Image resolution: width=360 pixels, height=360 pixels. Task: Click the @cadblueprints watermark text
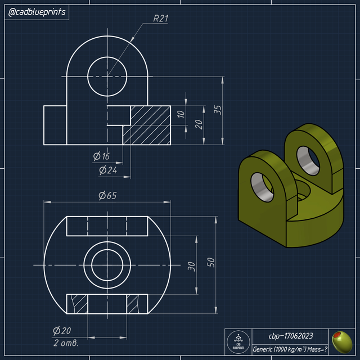point(37,12)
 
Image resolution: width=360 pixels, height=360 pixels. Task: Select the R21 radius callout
point(161,18)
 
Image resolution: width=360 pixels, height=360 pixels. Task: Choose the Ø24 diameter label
point(108,169)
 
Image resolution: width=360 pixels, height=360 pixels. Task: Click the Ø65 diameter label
point(107,196)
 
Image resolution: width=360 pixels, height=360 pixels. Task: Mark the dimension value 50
point(210,263)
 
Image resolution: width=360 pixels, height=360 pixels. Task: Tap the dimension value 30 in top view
point(191,265)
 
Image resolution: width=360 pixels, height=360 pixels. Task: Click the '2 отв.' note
point(65,343)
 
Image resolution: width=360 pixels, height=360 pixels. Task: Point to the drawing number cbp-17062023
point(290,336)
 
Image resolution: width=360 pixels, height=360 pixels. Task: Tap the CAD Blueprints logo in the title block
point(238,341)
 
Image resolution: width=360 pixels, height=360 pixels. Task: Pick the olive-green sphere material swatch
point(341,340)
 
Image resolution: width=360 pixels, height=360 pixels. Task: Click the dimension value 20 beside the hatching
point(199,124)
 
